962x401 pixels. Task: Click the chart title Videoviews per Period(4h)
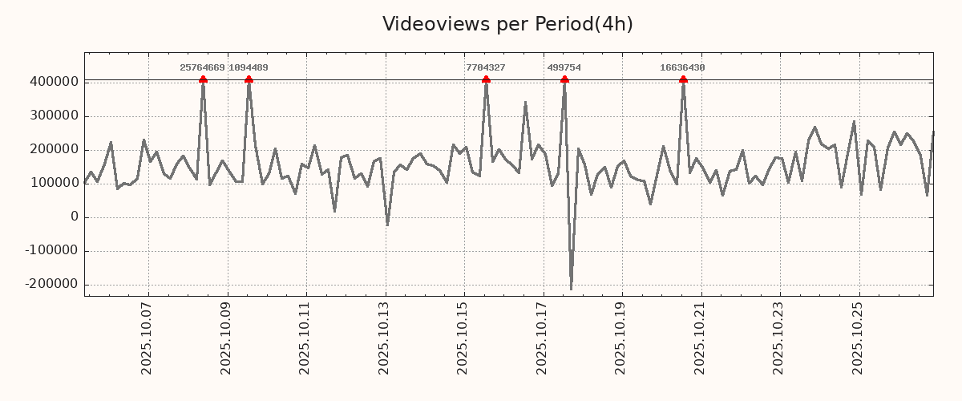click(x=507, y=24)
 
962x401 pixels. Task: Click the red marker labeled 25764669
click(x=203, y=79)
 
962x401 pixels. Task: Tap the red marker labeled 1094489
click(x=249, y=79)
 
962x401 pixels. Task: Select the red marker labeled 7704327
click(x=486, y=79)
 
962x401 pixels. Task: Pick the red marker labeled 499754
click(x=564, y=79)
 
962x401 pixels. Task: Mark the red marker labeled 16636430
click(x=683, y=79)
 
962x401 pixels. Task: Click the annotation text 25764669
click(x=202, y=68)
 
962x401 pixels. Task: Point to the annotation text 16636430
click(x=682, y=68)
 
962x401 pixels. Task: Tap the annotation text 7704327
click(x=485, y=68)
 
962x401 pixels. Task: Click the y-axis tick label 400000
click(x=54, y=82)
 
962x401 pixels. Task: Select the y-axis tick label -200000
click(x=51, y=284)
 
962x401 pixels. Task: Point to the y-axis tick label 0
click(x=74, y=217)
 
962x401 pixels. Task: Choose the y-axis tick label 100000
click(x=54, y=183)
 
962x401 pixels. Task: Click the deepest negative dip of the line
click(x=571, y=289)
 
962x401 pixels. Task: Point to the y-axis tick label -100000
click(x=51, y=250)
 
